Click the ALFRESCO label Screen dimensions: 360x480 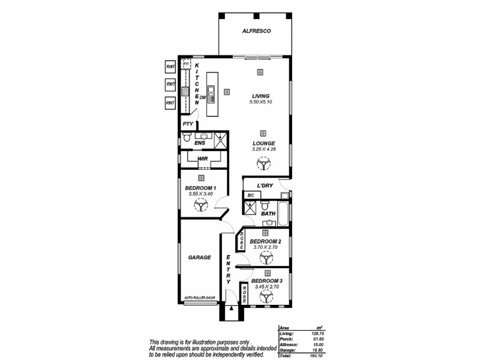point(254,31)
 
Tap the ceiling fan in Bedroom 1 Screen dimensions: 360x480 point(201,206)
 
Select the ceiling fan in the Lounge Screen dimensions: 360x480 point(263,163)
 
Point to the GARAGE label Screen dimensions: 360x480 point(199,257)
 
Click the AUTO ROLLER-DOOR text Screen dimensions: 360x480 point(200,297)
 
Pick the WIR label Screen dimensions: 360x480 point(202,159)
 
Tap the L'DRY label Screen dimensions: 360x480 point(265,186)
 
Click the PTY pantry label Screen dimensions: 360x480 point(188,124)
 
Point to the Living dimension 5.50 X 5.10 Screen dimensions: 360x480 point(260,103)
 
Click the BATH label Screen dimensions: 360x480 point(268,213)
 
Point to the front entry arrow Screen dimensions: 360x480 point(230,309)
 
